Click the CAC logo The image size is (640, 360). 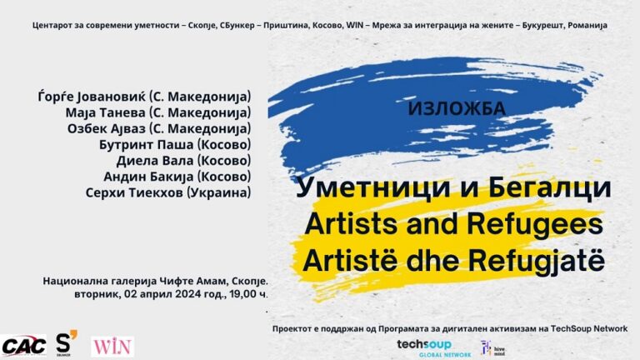point(23,346)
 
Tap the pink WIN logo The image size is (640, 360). point(112,347)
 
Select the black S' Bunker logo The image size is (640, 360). point(66,342)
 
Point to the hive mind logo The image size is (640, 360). point(492,348)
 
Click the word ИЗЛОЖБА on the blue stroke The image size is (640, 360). point(457,108)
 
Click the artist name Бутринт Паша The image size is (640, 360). point(146,144)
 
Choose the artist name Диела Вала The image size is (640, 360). point(155,160)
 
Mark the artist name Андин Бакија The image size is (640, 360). point(148,177)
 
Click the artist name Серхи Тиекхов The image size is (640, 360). point(134,192)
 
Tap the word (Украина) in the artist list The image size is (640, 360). point(218,192)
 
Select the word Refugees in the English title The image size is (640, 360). point(535,224)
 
